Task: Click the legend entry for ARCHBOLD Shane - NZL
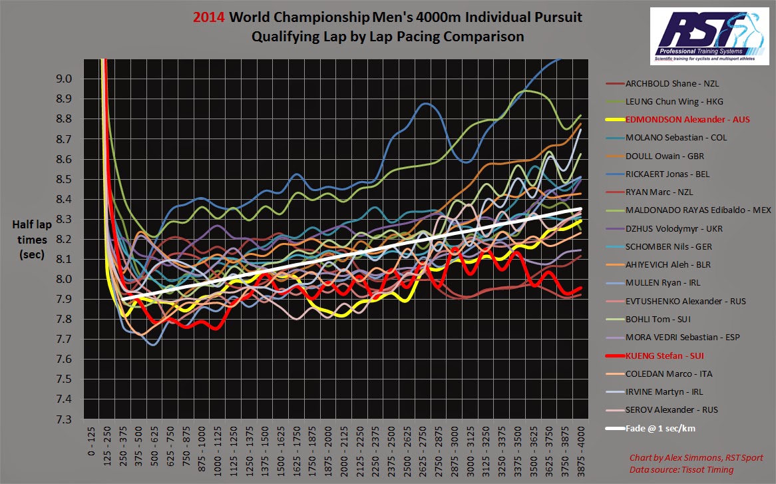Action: click(672, 84)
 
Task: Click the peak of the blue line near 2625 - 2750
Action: click(426, 103)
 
